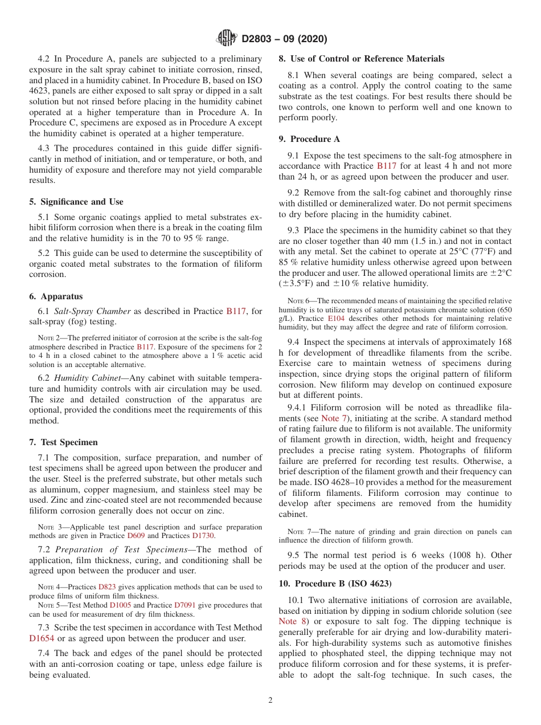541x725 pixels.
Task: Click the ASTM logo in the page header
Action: pyautogui.click(x=227, y=39)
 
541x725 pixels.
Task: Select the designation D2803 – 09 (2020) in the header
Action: pyautogui.click(x=284, y=39)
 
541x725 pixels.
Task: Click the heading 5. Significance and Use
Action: pyautogui.click(x=76, y=202)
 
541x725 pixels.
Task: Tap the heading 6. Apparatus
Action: pyautogui.click(x=56, y=296)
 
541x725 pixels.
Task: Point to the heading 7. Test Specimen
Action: pyautogui.click(x=63, y=442)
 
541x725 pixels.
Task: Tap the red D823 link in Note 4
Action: pyautogui.click(x=106, y=587)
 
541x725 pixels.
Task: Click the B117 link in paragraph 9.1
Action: pyautogui.click(x=387, y=166)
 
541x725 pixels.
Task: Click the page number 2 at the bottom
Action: pyautogui.click(x=270, y=700)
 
